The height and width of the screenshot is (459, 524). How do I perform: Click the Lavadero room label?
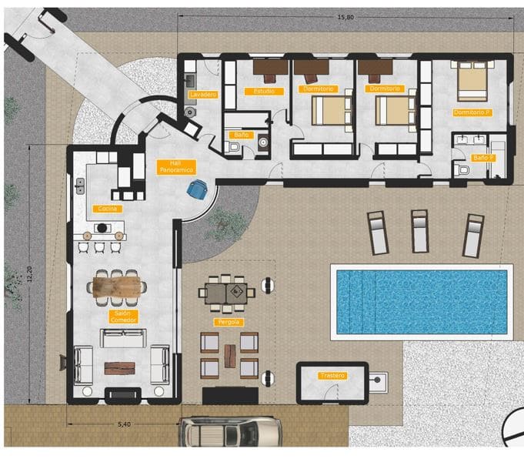click(202, 94)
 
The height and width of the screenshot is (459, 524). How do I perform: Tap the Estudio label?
click(263, 91)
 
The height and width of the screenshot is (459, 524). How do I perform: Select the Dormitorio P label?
click(472, 112)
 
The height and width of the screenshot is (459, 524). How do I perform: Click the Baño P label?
click(483, 157)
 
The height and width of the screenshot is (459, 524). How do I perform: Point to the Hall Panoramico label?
click(175, 166)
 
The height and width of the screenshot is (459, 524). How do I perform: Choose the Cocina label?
click(107, 209)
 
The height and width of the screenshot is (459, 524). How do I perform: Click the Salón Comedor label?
click(119, 317)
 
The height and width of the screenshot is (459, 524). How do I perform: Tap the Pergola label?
click(229, 321)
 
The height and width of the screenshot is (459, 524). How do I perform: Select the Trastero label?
click(332, 376)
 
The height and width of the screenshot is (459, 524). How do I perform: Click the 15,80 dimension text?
click(345, 17)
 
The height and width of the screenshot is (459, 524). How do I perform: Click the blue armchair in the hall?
click(199, 188)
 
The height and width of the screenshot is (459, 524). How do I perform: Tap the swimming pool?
click(422, 300)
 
